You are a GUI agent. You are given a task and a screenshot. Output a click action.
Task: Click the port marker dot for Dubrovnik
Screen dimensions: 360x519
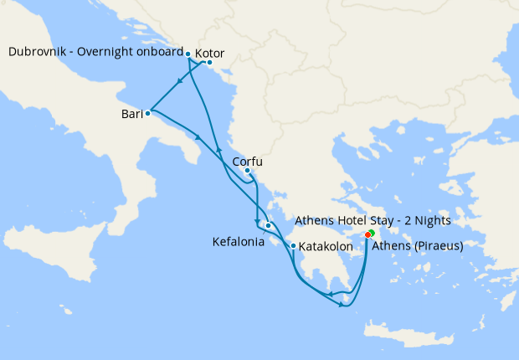[188, 54]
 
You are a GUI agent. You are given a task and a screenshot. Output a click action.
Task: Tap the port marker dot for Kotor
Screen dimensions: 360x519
[209, 63]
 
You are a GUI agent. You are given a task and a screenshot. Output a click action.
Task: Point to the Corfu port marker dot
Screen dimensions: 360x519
[247, 172]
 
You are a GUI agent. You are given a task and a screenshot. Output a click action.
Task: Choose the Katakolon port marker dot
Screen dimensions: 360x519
[293, 245]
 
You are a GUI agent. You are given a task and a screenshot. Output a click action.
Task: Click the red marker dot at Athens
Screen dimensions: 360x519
[368, 235]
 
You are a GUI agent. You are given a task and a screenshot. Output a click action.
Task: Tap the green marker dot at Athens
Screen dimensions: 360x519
[372, 232]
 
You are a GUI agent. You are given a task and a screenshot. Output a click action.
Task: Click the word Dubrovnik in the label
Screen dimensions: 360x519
[39, 52]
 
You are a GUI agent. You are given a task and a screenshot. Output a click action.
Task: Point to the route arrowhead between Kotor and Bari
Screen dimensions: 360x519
[180, 82]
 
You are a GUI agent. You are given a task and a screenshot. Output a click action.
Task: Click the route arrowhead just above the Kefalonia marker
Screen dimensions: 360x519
[257, 221]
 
